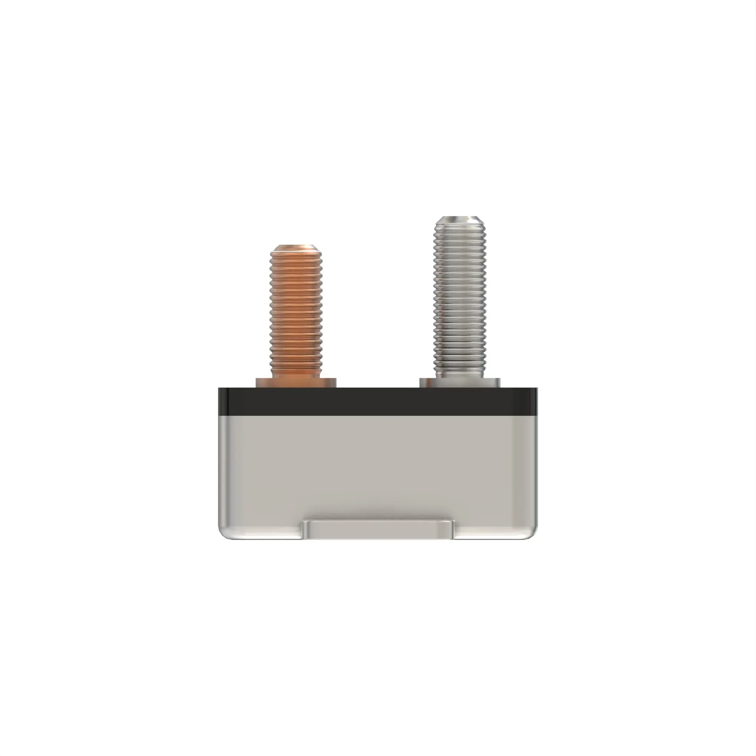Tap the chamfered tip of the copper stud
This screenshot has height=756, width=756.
296,249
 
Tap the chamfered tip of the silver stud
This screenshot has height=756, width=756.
459,220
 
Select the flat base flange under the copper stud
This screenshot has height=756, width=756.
296,382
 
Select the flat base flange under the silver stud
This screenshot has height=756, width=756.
459,382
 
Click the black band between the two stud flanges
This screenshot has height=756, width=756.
378,401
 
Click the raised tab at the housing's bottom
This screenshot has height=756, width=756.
378,530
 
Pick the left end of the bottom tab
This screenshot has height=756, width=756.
305,530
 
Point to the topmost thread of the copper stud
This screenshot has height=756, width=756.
296,258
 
